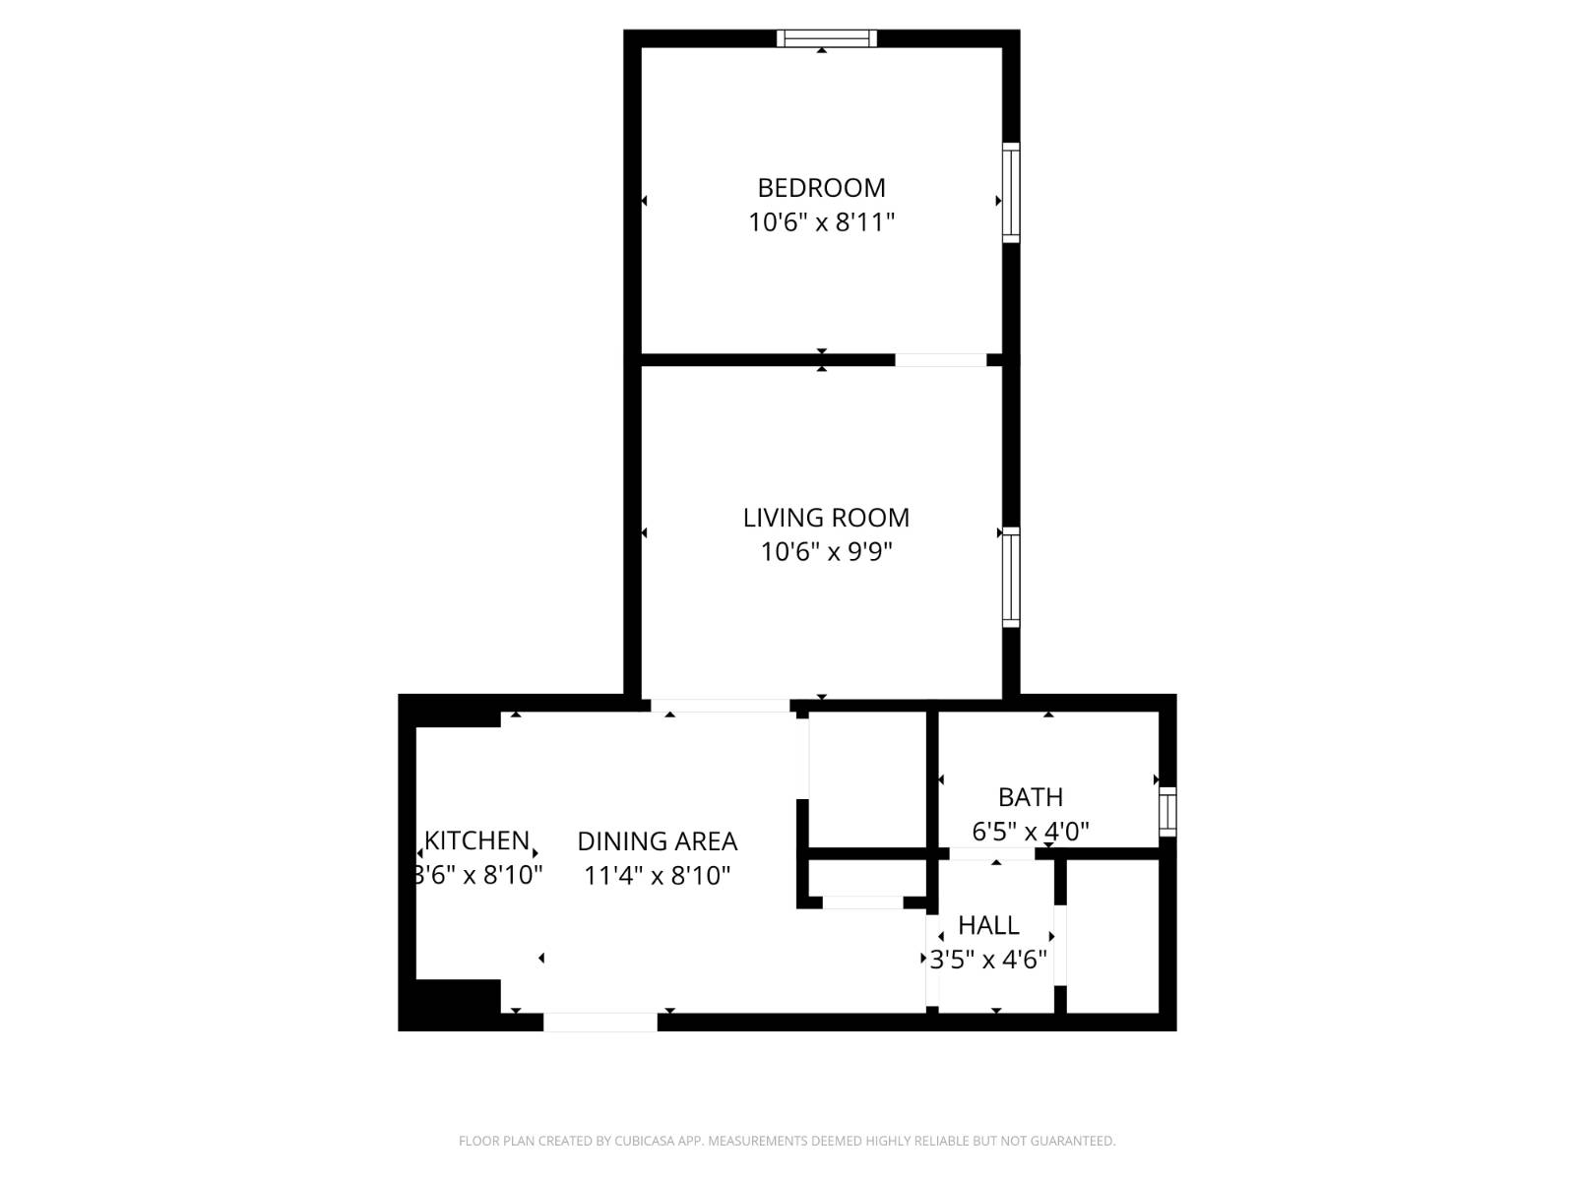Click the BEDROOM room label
click(821, 187)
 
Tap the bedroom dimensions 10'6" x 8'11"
click(821, 222)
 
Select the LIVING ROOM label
click(826, 518)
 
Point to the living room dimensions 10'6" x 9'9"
click(826, 552)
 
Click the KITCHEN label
click(476, 840)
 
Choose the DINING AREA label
click(657, 841)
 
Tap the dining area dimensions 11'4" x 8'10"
click(657, 876)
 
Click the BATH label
click(1031, 797)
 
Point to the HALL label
click(988, 925)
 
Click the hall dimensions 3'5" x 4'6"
click(988, 960)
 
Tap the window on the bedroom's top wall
click(826, 38)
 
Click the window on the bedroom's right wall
click(1011, 192)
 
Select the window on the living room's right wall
click(1011, 577)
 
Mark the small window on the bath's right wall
click(1167, 812)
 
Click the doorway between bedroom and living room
click(940, 360)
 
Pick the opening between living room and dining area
click(721, 706)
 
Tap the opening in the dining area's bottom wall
click(600, 1023)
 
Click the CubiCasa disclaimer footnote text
click(787, 1142)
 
